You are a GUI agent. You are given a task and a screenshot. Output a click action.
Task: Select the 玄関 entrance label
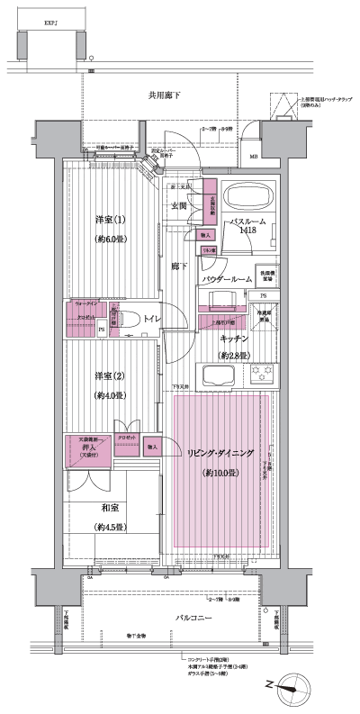pos(180,205)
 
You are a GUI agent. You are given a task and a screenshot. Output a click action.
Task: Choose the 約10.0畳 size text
pos(220,473)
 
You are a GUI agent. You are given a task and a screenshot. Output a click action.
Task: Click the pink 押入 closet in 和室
pos(88,450)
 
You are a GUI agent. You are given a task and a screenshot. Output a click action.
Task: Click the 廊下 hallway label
pos(179,267)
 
